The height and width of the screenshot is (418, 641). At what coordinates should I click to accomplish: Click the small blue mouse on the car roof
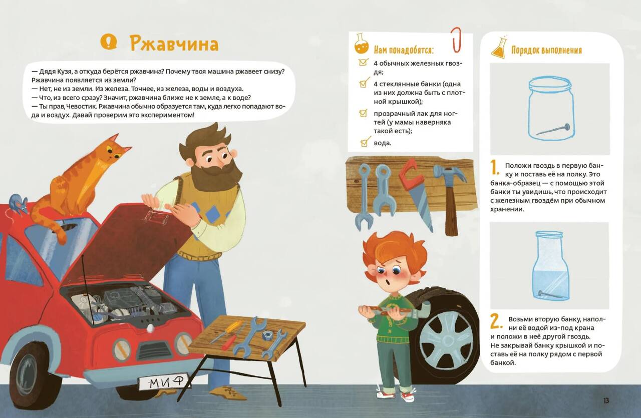click(18, 203)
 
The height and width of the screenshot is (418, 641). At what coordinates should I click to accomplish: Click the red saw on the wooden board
click(416, 192)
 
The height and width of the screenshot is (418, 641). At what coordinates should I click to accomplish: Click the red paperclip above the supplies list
click(456, 40)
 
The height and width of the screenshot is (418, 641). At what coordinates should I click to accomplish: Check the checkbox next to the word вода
click(364, 143)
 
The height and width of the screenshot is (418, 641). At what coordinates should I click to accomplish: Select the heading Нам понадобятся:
click(404, 50)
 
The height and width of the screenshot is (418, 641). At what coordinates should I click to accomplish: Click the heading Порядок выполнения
click(546, 50)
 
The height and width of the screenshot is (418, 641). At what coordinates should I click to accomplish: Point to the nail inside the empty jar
click(552, 129)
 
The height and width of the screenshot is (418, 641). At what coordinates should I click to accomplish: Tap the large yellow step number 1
click(494, 167)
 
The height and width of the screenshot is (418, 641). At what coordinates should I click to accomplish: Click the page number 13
click(606, 401)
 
